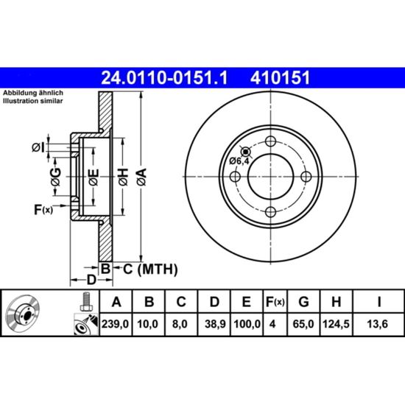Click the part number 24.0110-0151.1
tap(164, 78)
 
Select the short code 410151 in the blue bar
tap(280, 78)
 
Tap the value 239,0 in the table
tap(115, 324)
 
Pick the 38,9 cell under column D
tap(215, 324)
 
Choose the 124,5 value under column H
tap(336, 324)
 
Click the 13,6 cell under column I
tap(378, 324)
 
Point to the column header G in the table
tap(303, 301)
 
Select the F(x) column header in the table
tap(275, 302)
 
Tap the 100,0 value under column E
tap(247, 324)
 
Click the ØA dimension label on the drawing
tap(142, 177)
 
